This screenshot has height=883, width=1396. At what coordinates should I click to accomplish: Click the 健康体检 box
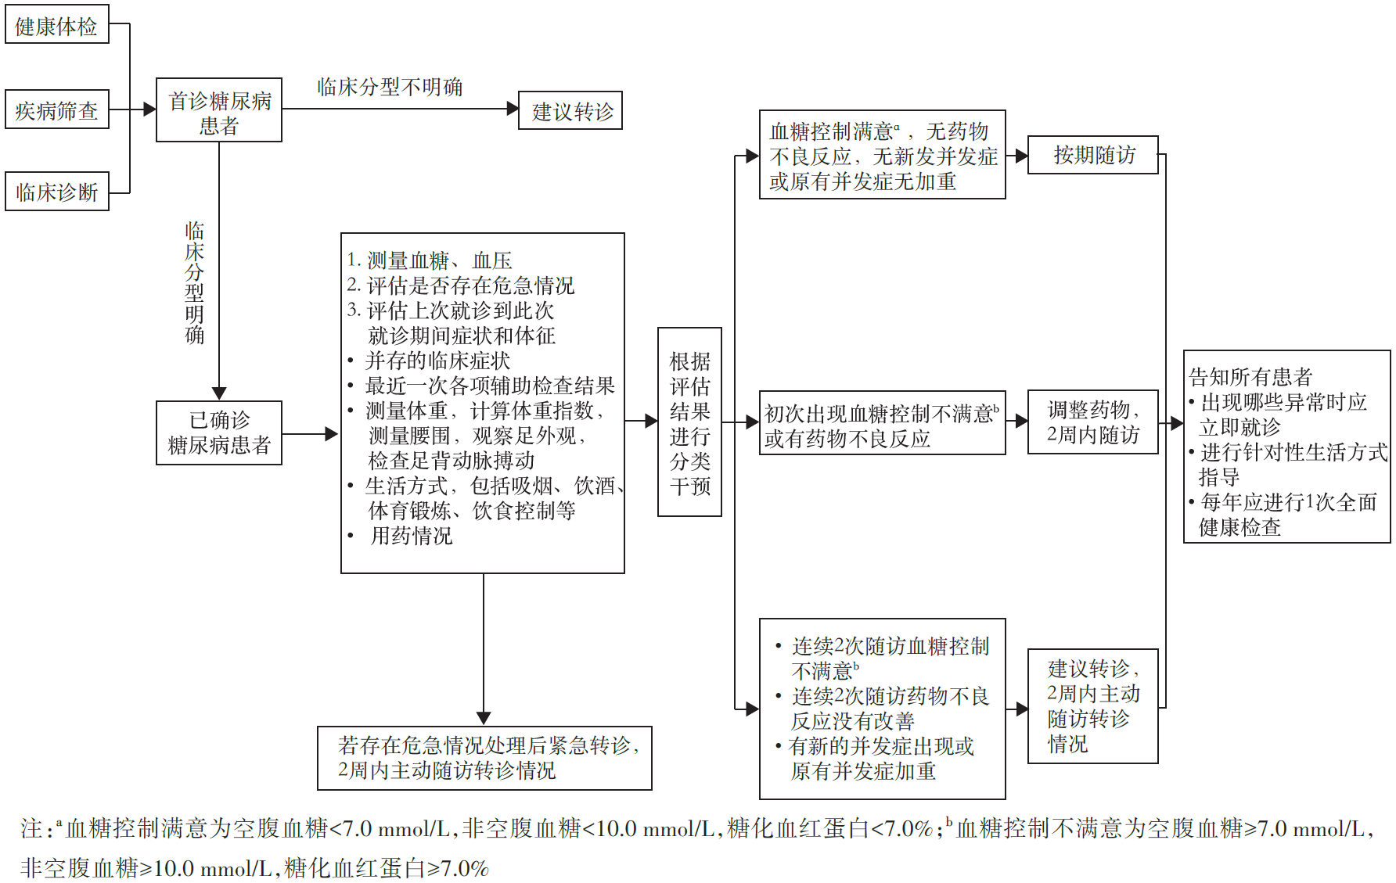click(57, 23)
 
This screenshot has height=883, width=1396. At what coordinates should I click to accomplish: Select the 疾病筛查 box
click(57, 109)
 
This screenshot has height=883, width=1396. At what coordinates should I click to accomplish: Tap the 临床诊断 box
click(57, 192)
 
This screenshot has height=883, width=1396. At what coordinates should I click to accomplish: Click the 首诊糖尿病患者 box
click(219, 109)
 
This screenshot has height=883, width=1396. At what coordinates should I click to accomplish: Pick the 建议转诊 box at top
click(570, 110)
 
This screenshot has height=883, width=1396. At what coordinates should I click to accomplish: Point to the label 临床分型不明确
click(390, 87)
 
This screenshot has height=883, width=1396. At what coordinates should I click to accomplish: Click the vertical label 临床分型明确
click(195, 283)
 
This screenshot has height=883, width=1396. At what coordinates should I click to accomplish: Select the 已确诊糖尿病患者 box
click(219, 433)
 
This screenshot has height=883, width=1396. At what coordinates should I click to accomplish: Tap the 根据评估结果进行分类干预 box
click(689, 422)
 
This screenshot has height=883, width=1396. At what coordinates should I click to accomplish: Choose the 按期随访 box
click(1093, 155)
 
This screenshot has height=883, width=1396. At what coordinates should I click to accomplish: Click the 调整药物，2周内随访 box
click(1093, 422)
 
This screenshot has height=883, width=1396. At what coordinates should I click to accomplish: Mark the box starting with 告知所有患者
click(1287, 447)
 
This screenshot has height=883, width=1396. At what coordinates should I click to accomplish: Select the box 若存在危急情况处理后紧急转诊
click(484, 758)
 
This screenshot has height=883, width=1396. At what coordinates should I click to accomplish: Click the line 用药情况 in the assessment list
click(412, 536)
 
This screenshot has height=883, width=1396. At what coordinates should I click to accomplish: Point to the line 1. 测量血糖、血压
click(430, 260)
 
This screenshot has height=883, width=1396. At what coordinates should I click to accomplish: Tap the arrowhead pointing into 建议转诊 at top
click(513, 109)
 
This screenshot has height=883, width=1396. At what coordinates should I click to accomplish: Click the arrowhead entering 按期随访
click(1022, 156)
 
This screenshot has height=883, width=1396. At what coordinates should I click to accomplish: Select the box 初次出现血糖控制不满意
click(883, 423)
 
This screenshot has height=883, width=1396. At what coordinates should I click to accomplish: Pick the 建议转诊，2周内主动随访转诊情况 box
click(1093, 706)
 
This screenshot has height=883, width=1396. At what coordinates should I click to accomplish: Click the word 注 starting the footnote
click(32, 828)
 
